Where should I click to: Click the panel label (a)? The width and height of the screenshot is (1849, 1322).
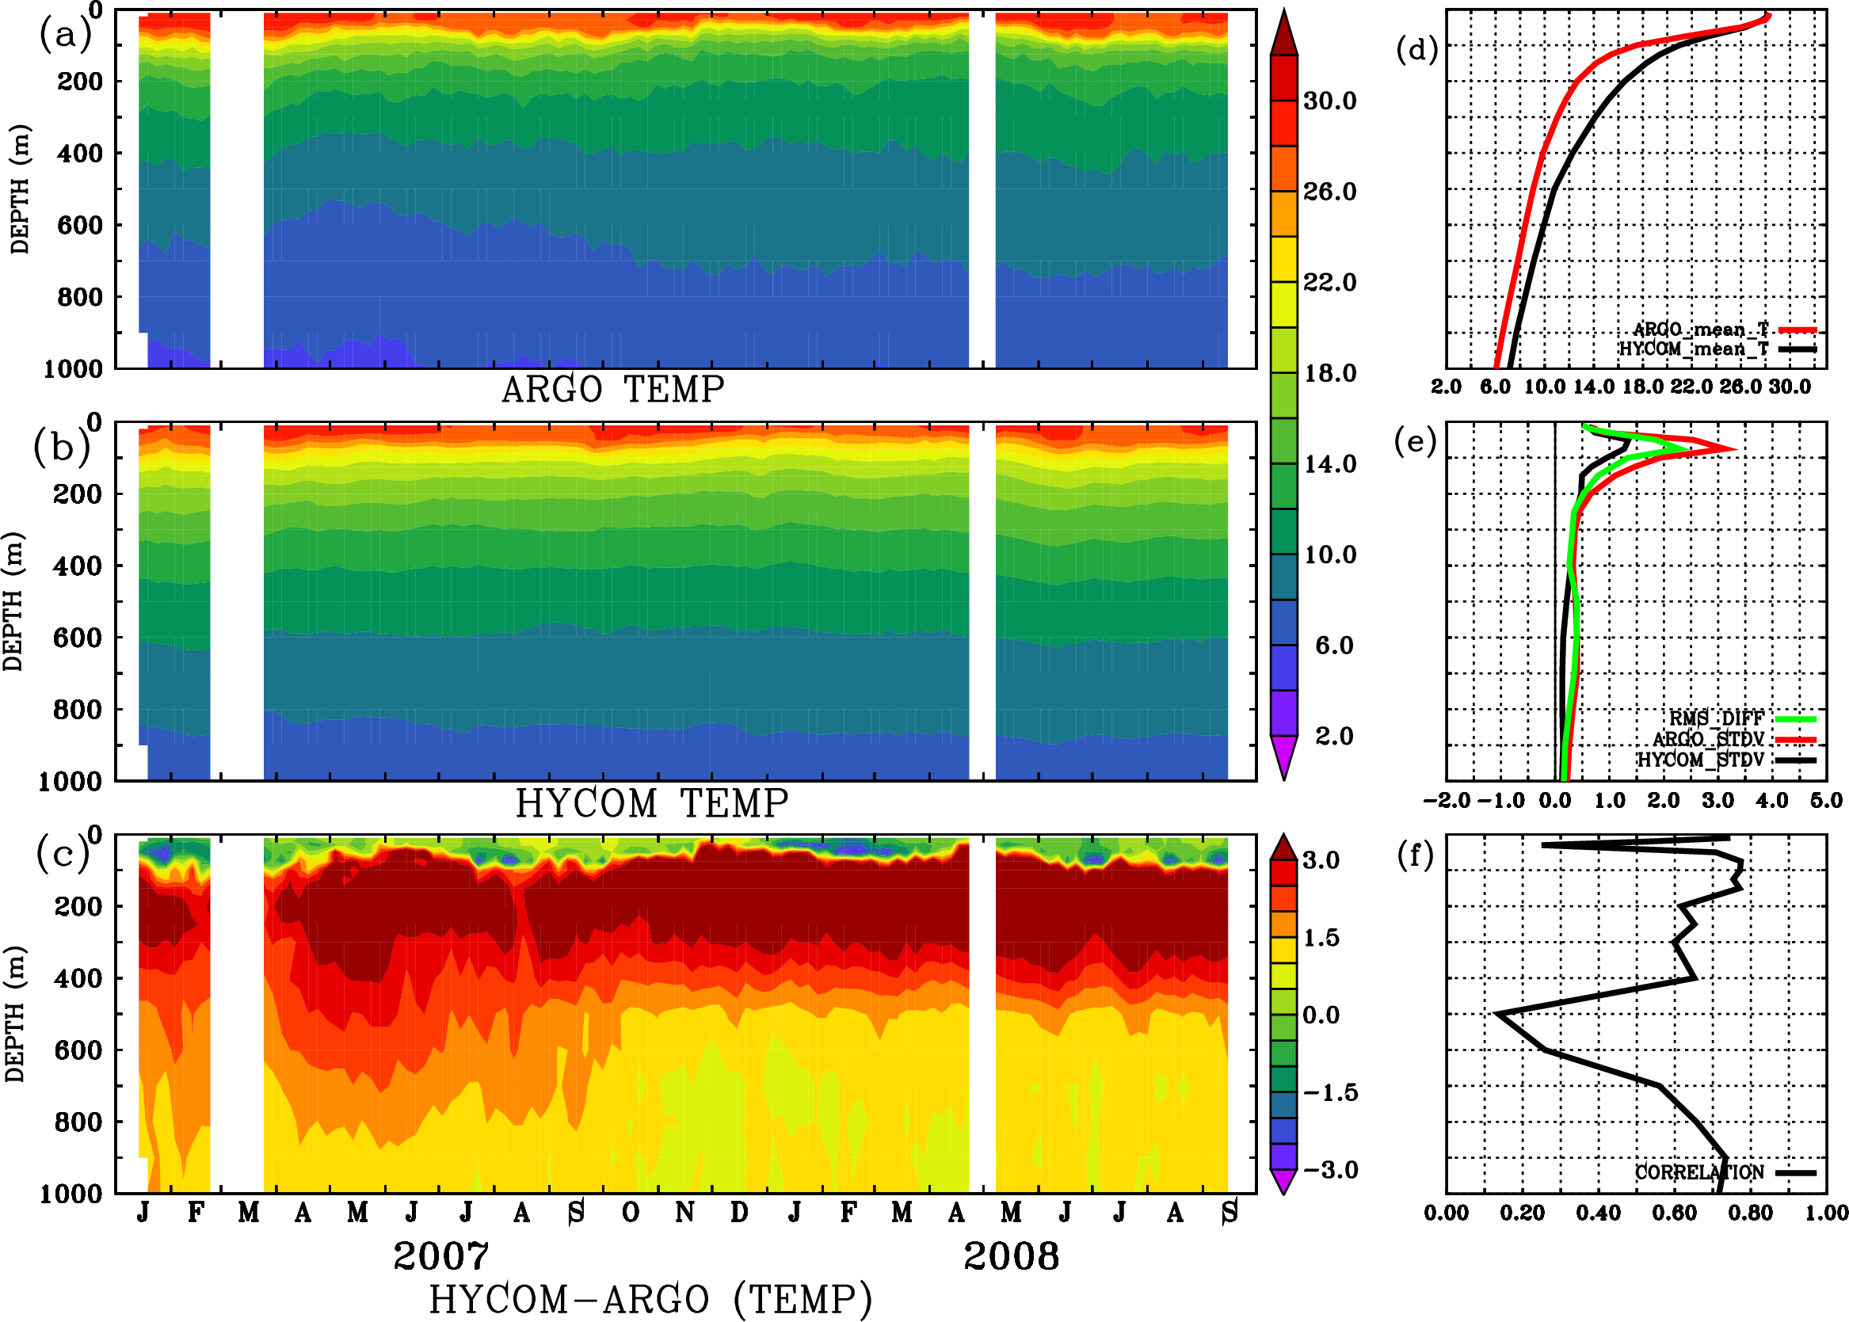tap(64, 35)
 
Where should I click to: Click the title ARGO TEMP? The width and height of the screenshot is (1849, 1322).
tap(612, 390)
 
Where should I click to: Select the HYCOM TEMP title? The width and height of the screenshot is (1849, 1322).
tap(651, 803)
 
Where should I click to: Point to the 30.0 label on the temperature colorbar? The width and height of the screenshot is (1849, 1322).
tap(1329, 101)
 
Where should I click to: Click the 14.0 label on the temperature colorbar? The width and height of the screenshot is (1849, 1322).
tap(1329, 464)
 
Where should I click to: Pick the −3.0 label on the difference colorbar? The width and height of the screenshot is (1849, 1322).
tap(1329, 1170)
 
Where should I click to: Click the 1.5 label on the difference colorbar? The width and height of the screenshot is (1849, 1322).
tap(1321, 938)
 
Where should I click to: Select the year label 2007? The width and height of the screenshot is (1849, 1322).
tap(440, 1256)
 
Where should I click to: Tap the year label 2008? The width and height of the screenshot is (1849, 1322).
tap(1011, 1256)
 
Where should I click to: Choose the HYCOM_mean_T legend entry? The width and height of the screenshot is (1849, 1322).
tap(1694, 349)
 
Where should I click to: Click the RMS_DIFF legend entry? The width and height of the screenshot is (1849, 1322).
tap(1716, 718)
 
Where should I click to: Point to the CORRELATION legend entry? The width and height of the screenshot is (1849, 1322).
tap(1699, 1172)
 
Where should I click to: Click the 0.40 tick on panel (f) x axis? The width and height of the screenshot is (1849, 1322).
tap(1598, 1213)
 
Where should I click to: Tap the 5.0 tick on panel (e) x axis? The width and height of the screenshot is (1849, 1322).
tap(1826, 801)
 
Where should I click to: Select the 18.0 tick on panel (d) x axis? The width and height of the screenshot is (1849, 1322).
tap(1642, 387)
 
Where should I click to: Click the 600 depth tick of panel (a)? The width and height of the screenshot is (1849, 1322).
tap(79, 226)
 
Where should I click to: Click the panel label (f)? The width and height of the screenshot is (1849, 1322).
tap(1415, 855)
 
